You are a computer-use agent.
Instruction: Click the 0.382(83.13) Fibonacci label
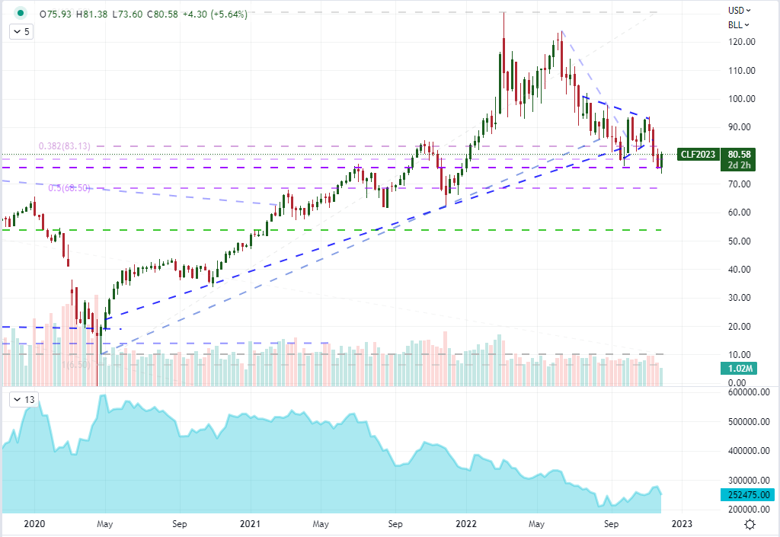click(65, 146)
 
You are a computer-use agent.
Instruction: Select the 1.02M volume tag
click(734, 369)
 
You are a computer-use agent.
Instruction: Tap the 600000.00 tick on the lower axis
click(746, 392)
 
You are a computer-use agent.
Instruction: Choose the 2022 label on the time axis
click(466, 523)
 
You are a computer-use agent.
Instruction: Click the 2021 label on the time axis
click(249, 523)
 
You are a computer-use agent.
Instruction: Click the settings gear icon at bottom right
click(750, 524)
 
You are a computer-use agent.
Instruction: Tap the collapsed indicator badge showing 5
click(21, 32)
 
